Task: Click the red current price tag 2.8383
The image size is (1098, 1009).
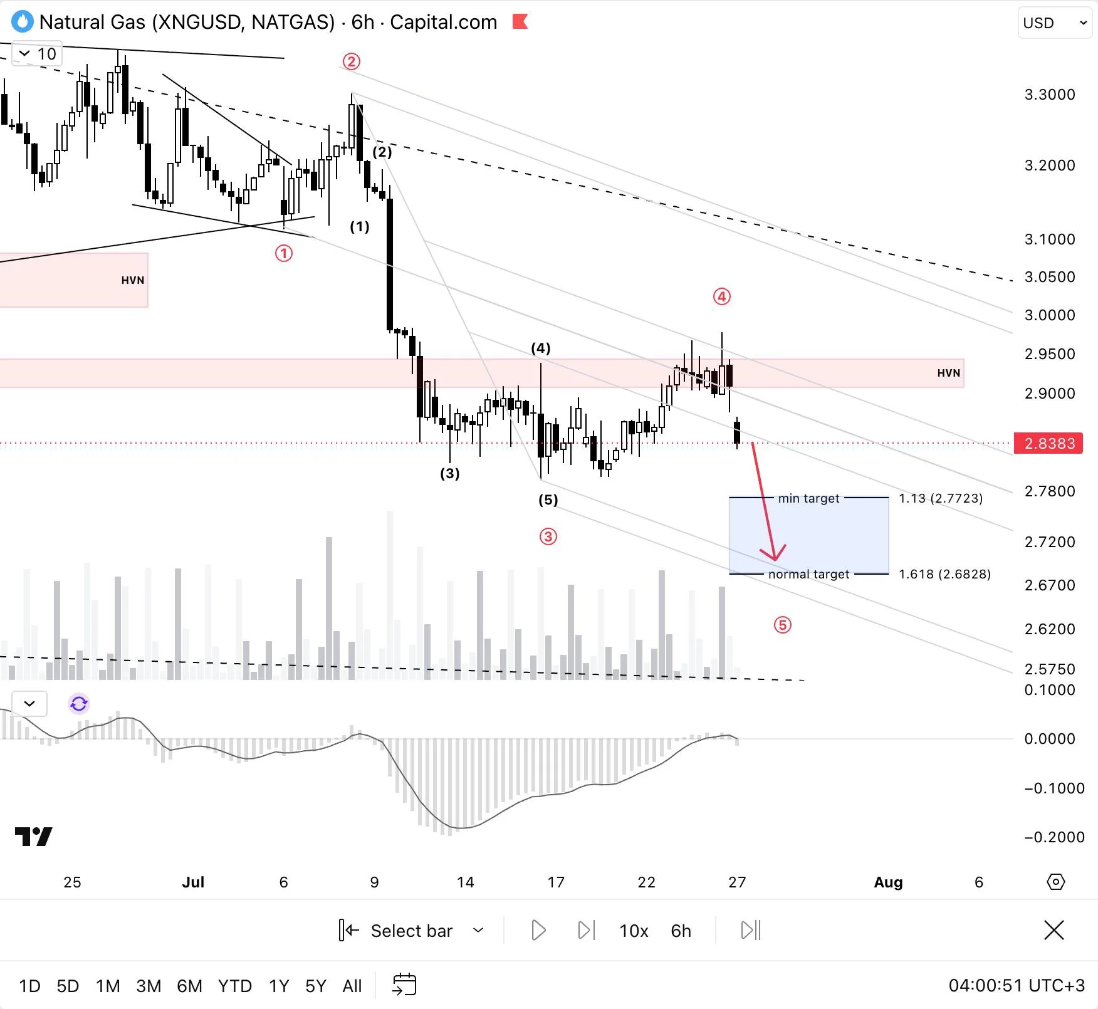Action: point(1048,444)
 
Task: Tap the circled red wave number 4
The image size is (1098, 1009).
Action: point(721,296)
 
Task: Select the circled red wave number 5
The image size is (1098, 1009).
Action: point(782,625)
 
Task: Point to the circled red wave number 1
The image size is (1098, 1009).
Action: point(284,253)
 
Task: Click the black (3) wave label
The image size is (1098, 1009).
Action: point(450,473)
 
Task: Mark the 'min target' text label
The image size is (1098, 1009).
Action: point(808,498)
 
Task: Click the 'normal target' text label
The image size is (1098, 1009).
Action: point(808,574)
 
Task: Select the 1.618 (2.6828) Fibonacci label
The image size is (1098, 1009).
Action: point(944,574)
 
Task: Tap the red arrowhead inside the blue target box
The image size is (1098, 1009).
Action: point(775,554)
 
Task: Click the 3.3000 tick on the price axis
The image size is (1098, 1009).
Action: point(1050,95)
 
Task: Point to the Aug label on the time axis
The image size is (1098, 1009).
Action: point(888,882)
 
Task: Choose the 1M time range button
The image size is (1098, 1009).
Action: point(108,986)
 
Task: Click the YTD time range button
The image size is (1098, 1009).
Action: point(235,986)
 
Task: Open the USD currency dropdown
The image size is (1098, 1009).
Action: point(1055,23)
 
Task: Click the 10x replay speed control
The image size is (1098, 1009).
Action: point(634,931)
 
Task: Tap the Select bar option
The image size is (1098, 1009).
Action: point(411,931)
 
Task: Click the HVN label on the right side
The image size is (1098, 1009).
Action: point(948,373)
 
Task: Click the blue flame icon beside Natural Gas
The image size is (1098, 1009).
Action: point(23,22)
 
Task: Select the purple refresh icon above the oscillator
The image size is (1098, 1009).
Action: point(79,704)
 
